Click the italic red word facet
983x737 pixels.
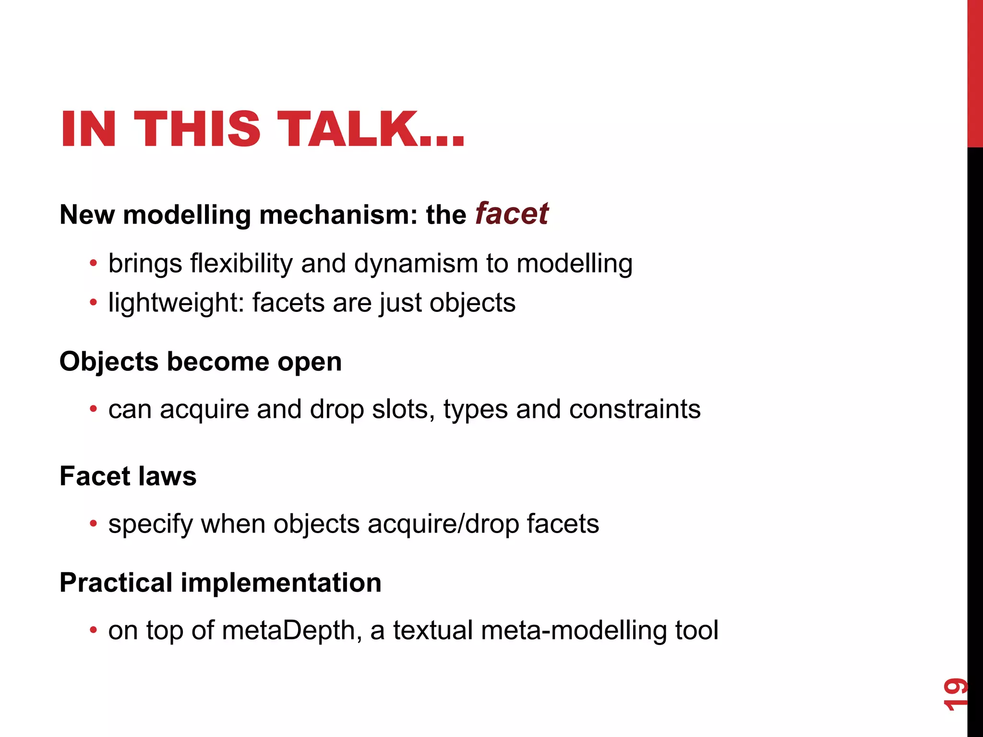[x=512, y=214]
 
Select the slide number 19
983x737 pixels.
[x=955, y=694]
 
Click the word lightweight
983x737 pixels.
[x=176, y=303]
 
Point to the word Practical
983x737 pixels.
[x=116, y=583]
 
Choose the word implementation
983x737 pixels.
[x=281, y=583]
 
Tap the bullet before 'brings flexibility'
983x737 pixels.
[x=93, y=263]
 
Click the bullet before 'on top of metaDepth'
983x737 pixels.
[x=93, y=630]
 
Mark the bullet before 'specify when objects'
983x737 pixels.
[x=93, y=523]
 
